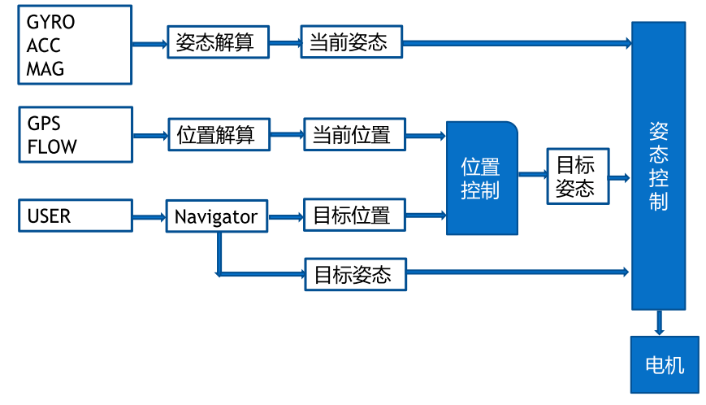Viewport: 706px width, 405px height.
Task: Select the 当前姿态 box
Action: click(351, 42)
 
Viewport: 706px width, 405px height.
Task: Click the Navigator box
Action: click(215, 216)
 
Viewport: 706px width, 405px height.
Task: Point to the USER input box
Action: click(75, 216)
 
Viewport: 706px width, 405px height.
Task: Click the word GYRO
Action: click(50, 22)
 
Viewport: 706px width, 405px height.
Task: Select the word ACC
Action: click(43, 46)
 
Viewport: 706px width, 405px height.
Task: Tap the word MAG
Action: click(45, 68)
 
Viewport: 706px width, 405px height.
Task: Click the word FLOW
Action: click(52, 146)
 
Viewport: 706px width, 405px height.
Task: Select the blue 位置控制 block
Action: click(482, 178)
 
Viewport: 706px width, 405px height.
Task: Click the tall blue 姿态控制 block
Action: click(659, 166)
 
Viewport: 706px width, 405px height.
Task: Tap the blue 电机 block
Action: click(665, 364)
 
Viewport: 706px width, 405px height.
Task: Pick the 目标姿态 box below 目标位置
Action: click(354, 274)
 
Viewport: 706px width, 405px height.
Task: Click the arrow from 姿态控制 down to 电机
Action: click(659, 323)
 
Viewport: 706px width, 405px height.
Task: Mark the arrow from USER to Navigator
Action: click(149, 216)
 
